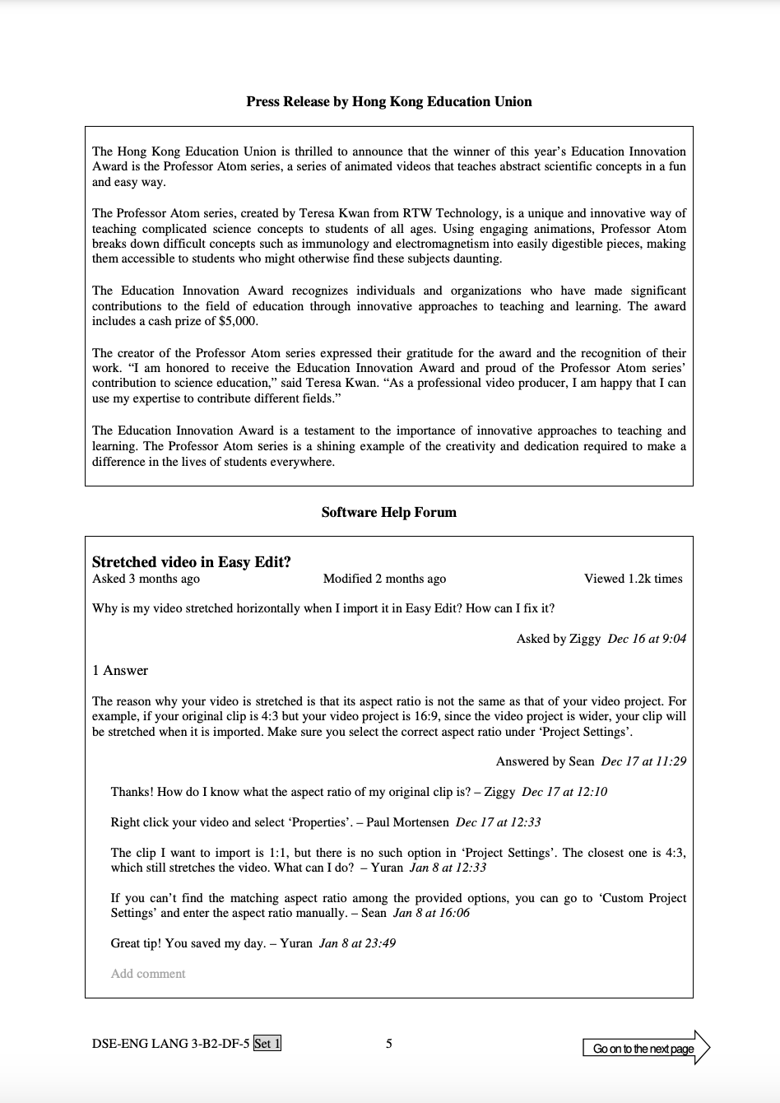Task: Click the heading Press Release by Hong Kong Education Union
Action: (388, 102)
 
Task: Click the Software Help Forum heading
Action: (388, 512)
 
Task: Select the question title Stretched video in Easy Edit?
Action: (192, 562)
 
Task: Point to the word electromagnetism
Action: (443, 244)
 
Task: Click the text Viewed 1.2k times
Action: (633, 579)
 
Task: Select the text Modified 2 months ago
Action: (384, 579)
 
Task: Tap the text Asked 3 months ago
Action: (146, 579)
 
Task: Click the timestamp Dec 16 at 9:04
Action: (647, 639)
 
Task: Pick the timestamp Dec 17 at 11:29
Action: (643, 761)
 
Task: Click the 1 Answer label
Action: (120, 670)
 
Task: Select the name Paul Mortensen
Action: (407, 822)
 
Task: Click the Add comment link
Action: (148, 974)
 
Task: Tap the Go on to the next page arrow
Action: (645, 1048)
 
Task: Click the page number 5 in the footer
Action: (389, 1044)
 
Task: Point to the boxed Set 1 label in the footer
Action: (267, 1044)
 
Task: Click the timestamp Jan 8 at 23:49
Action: (357, 943)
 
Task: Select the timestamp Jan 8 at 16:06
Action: (431, 913)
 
